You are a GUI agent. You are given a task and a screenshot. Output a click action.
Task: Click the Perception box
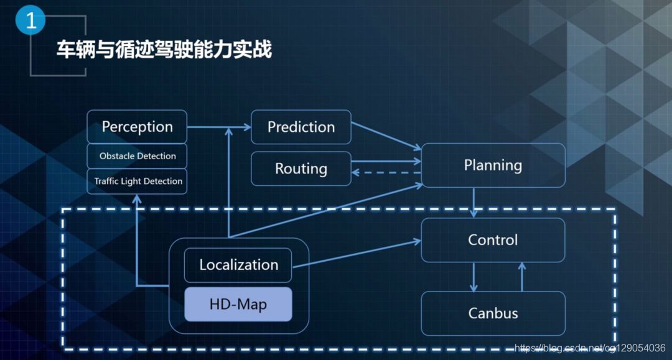[x=137, y=127]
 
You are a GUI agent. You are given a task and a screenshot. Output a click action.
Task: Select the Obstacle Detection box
[x=137, y=156]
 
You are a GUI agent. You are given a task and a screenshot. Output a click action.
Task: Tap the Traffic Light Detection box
[x=137, y=182]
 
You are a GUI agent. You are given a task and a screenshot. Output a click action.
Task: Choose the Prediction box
[x=301, y=127]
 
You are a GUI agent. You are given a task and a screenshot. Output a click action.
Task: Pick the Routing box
[x=301, y=168]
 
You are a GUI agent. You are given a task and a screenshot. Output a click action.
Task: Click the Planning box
[x=493, y=165]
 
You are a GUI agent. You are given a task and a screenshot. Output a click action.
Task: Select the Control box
[x=493, y=240]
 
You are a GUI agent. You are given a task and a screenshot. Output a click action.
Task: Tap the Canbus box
[x=493, y=313]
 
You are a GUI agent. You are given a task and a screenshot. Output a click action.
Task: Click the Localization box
[x=238, y=265]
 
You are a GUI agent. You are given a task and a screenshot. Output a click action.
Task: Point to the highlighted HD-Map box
[x=238, y=305]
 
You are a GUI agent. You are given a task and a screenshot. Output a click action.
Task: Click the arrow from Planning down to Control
[x=474, y=202]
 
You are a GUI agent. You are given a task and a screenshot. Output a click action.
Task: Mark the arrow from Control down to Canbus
[x=474, y=277]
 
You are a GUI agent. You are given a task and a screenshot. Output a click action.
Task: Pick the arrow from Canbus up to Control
[x=521, y=277]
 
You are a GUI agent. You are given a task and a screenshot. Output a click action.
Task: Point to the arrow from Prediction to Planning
[x=386, y=135]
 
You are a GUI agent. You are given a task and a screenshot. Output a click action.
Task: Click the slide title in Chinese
[x=164, y=50]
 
